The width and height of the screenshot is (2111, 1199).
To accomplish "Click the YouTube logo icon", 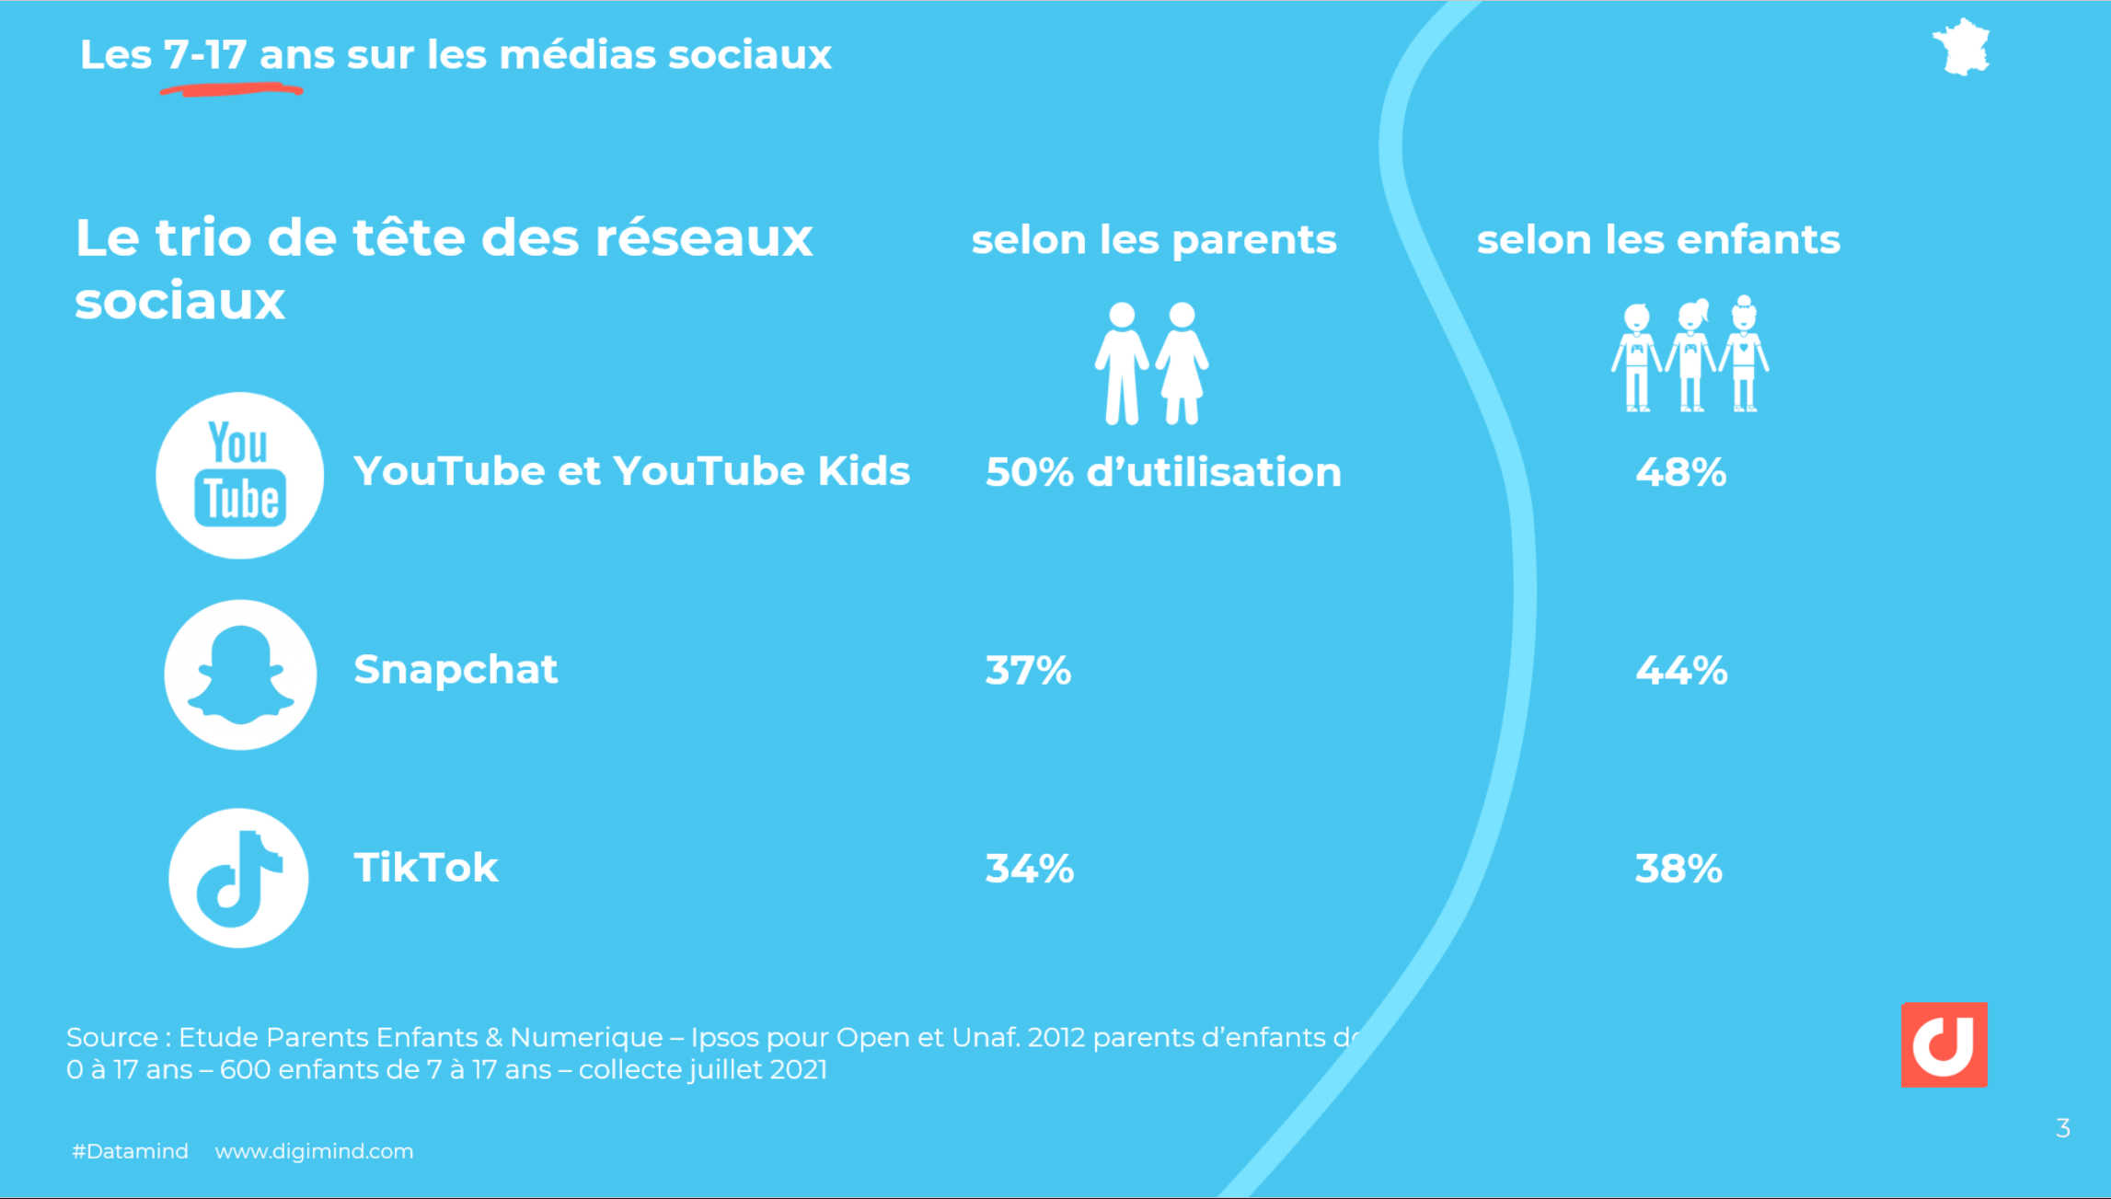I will (x=239, y=475).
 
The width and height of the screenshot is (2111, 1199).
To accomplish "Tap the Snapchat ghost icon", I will (x=240, y=674).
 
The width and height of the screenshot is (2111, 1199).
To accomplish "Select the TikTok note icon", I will (x=238, y=877).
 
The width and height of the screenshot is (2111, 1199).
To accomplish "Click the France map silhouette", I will (x=1961, y=47).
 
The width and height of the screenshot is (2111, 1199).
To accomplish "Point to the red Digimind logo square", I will (x=1944, y=1044).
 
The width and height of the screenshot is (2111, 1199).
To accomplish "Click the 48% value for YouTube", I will (x=1680, y=472).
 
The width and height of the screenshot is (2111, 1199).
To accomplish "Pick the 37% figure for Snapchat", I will (x=1028, y=670).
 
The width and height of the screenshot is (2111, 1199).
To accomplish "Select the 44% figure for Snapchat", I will (x=1681, y=670).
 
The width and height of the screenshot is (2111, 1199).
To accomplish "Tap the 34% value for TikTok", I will (x=1029, y=868).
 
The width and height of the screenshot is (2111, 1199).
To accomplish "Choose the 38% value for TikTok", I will (x=1678, y=868).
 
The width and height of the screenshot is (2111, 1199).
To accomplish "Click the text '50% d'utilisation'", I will (x=1162, y=472).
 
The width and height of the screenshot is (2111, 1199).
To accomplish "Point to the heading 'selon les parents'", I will (x=1153, y=240).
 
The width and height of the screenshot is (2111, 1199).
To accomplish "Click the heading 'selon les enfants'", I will (x=1658, y=240).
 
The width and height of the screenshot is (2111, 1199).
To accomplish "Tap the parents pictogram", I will (x=1151, y=363).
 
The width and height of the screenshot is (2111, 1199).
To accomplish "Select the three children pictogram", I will (x=1690, y=354).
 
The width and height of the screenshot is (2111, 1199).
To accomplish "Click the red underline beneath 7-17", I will (x=231, y=89).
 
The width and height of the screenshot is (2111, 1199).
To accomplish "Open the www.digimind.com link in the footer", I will (x=314, y=1151).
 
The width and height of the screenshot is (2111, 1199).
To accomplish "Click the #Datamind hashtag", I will (x=130, y=1151).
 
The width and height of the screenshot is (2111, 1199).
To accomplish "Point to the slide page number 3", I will (x=2062, y=1128).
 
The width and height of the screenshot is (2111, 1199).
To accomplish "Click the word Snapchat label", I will (x=456, y=669).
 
